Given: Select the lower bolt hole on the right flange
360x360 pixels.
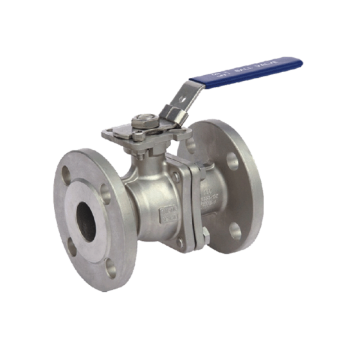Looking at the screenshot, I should click(x=235, y=230).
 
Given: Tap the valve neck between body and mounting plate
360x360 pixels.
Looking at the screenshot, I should click(x=147, y=158).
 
